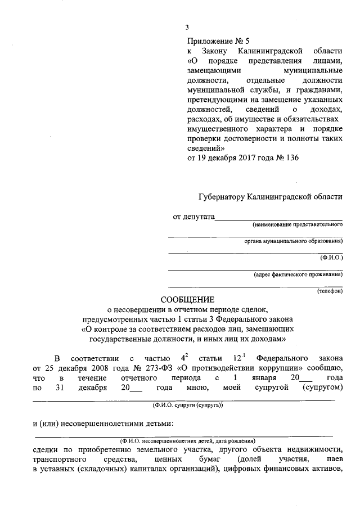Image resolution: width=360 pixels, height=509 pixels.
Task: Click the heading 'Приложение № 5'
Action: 216,41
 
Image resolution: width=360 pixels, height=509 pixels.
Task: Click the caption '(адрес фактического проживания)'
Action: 298,274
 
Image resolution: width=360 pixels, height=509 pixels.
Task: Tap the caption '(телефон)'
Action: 329,291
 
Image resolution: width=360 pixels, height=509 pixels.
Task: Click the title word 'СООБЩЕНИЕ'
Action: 184,299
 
